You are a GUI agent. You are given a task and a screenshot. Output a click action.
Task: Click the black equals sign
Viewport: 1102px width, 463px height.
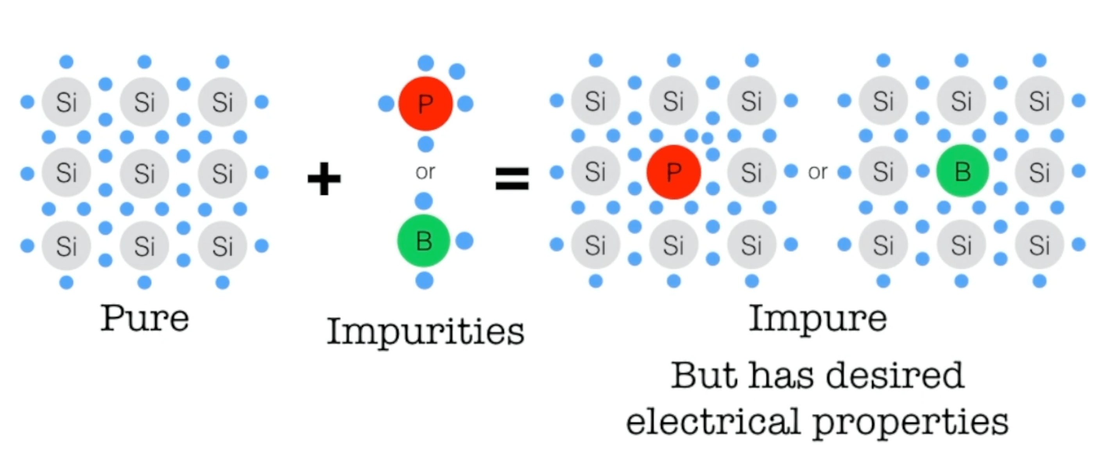(512, 178)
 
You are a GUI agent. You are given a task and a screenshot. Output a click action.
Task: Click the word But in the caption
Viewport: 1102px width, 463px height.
(704, 376)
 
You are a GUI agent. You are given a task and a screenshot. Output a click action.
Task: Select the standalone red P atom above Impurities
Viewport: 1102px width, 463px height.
(425, 104)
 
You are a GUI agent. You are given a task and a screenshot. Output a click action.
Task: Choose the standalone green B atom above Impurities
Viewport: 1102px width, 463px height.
(423, 241)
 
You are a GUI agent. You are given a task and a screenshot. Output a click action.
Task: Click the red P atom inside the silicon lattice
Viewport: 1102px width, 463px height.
(673, 172)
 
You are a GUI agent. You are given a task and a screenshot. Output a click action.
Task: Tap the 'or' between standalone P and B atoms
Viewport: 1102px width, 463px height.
(425, 172)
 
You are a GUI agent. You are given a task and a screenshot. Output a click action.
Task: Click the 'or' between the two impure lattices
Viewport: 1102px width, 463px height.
(817, 172)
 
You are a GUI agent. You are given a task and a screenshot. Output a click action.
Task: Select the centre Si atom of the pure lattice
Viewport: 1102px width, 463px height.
(144, 173)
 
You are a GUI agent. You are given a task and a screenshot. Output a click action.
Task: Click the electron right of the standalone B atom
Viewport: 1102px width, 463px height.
(464, 241)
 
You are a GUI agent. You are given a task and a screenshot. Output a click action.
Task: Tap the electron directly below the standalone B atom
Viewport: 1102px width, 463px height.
(425, 281)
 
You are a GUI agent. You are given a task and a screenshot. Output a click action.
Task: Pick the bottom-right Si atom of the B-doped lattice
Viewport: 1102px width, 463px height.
(1039, 245)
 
